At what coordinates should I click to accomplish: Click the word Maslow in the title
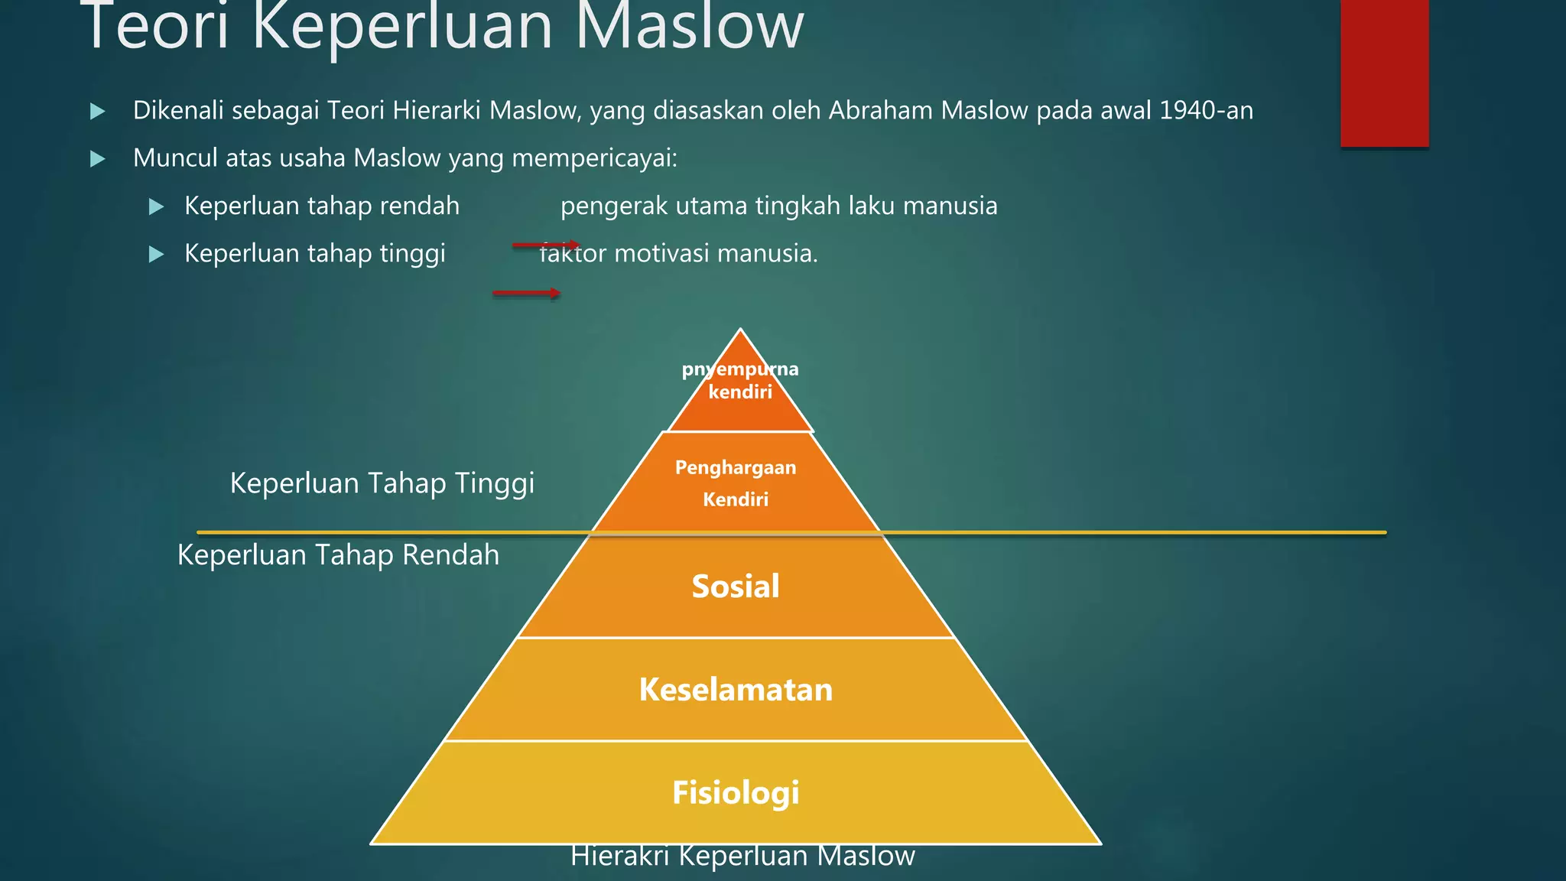coord(688,27)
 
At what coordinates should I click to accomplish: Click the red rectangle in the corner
coord(1384,73)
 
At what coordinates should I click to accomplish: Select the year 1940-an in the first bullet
coord(1206,111)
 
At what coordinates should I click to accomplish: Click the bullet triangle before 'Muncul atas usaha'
coord(97,159)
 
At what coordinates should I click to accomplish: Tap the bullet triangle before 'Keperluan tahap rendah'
coord(156,206)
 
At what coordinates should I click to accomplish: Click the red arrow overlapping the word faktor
coord(546,245)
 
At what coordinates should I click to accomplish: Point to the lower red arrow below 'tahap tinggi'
coord(526,293)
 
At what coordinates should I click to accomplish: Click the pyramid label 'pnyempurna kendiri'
coord(739,380)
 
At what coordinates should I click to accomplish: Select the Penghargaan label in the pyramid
coord(736,467)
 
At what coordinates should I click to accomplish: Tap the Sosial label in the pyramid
coord(736,587)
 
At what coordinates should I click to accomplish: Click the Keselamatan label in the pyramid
coord(736,690)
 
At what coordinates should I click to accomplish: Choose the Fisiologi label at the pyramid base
coord(736,792)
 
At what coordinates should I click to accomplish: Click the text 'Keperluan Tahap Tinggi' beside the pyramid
coord(382,483)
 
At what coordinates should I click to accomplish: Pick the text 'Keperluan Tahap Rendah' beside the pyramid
coord(338,555)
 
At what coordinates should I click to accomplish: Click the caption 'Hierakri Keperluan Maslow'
coord(742,856)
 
